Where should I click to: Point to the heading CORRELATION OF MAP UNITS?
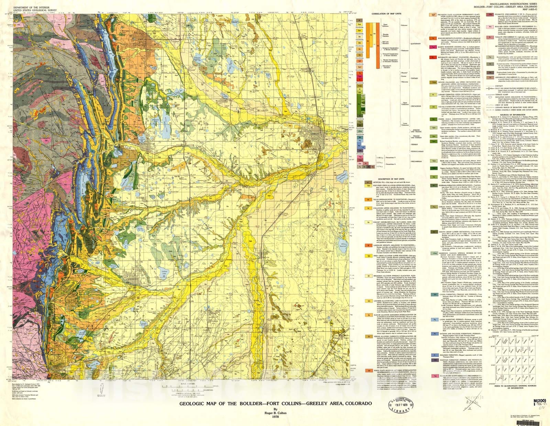(386, 14)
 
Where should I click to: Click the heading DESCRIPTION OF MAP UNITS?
(386, 179)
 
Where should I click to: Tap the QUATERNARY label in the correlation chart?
(416, 44)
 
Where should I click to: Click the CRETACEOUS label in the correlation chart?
(416, 106)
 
